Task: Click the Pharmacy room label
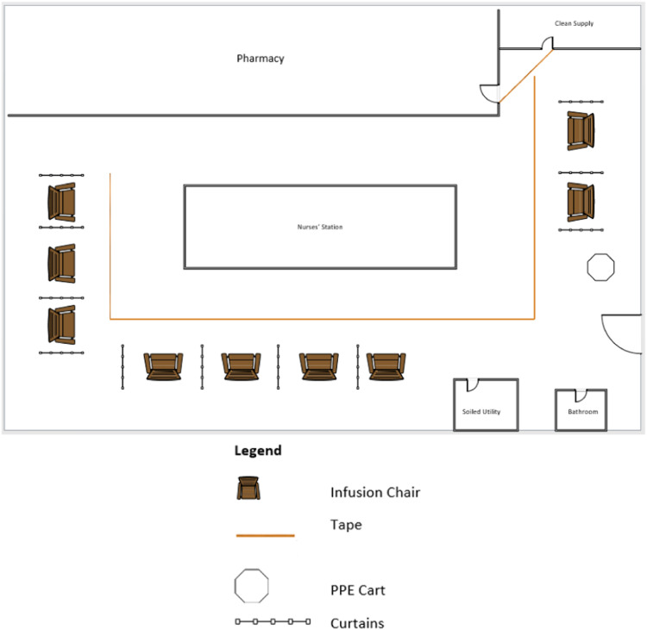(x=261, y=59)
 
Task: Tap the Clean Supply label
(x=574, y=23)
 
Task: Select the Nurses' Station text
(x=320, y=228)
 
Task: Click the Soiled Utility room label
(x=481, y=412)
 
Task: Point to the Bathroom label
(x=582, y=412)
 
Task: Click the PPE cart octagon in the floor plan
(x=600, y=267)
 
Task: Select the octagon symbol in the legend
(x=252, y=586)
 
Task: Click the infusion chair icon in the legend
(x=248, y=488)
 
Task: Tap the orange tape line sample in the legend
(x=265, y=536)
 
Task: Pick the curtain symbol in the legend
(x=273, y=621)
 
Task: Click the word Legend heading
(x=258, y=451)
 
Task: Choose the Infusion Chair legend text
(x=374, y=492)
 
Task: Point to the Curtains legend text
(x=356, y=622)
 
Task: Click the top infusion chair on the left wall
(x=61, y=202)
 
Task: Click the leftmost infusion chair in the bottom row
(x=163, y=366)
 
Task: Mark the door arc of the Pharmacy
(x=488, y=93)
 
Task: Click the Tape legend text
(x=346, y=523)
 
